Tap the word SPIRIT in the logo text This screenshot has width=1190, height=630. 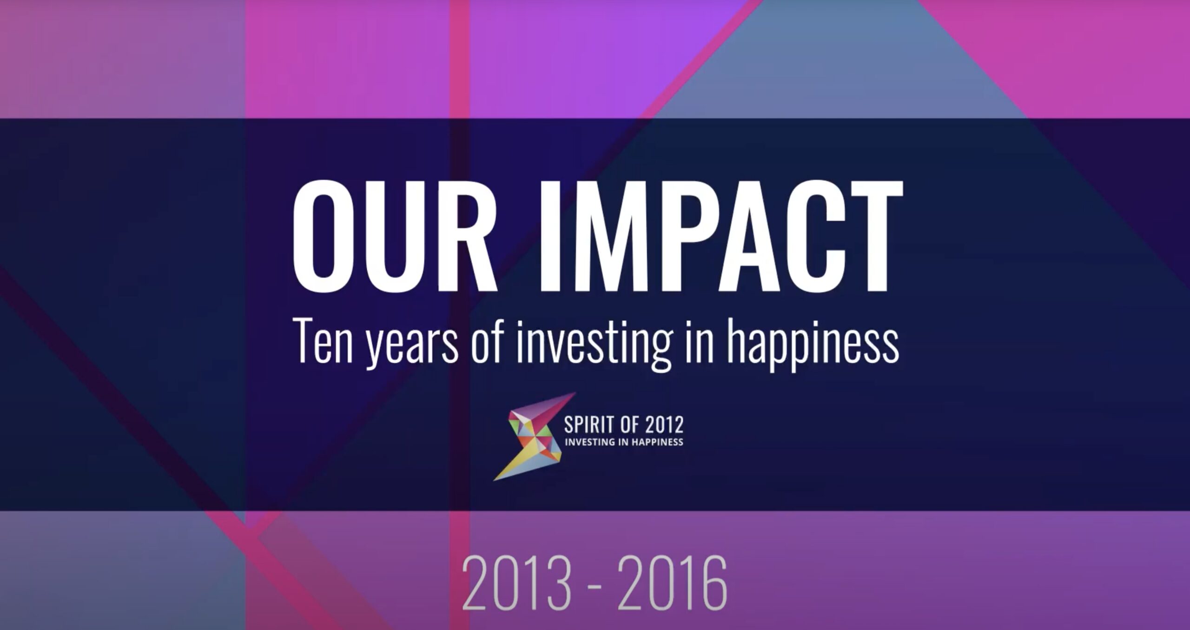[589, 425]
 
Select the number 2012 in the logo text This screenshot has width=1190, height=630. [666, 425]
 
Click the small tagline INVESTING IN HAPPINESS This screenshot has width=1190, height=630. [624, 442]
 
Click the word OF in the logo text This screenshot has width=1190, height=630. [631, 425]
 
